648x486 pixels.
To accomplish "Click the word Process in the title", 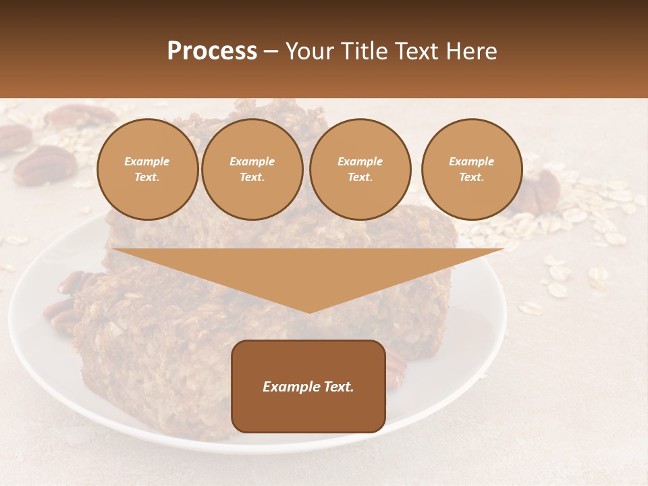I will click(x=212, y=51).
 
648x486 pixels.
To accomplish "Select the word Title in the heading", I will click(x=365, y=51).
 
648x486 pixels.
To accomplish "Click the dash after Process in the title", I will click(x=271, y=51).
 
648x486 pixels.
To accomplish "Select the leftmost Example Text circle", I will click(x=147, y=169).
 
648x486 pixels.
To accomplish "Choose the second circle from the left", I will click(x=252, y=169).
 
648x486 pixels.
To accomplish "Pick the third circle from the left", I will click(x=360, y=169).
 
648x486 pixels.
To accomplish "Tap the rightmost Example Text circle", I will click(x=472, y=169).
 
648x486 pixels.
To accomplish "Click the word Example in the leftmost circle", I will click(x=147, y=161).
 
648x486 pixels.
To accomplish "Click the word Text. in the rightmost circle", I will click(x=472, y=177).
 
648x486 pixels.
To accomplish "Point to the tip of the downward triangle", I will click(x=309, y=311).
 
